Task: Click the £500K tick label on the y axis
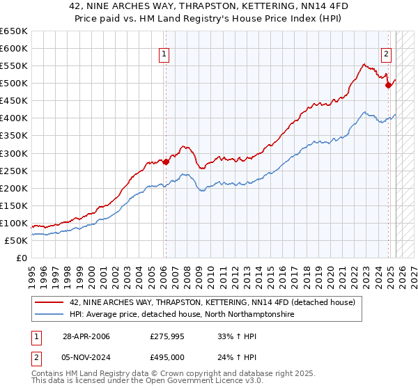coord(14,84)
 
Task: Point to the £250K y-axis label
coord(14,171)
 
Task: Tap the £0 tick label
coord(22,258)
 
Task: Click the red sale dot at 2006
coord(166,162)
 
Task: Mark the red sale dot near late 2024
coord(388,85)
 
